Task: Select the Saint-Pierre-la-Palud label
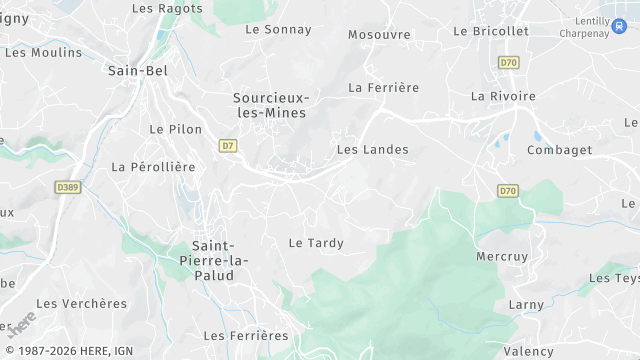coord(220,261)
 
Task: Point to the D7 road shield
coord(228,145)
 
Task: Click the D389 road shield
coord(68,186)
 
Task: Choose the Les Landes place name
coord(373,150)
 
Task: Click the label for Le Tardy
coord(316,243)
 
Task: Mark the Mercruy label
coord(502,256)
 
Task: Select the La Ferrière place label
coord(383,88)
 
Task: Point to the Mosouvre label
coord(379,35)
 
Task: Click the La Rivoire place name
coord(503,96)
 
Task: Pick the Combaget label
coord(559,150)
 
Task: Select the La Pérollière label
coord(153,167)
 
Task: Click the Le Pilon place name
coord(175,129)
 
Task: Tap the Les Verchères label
coord(82,303)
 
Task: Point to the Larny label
coord(526,304)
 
